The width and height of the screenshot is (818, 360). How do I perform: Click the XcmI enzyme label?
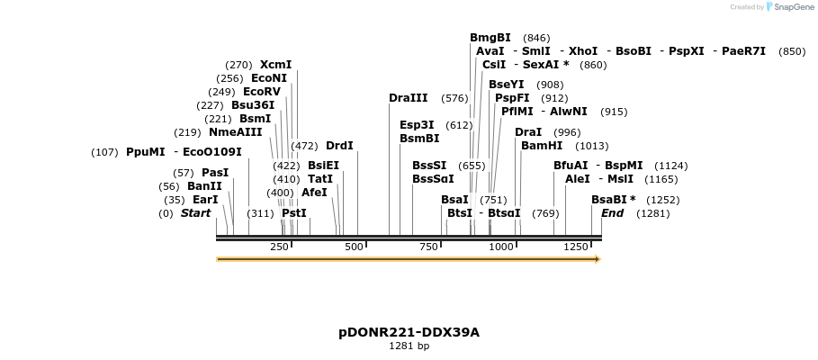pyautogui.click(x=275, y=65)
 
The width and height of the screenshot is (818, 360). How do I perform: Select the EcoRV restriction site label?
pyautogui.click(x=262, y=92)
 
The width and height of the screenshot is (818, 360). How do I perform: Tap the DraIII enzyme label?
pyautogui.click(x=408, y=98)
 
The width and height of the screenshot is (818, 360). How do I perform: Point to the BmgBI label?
pyautogui.click(x=490, y=38)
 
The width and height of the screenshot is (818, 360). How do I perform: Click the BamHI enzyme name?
pyautogui.click(x=541, y=146)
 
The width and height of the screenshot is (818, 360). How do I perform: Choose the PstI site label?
pyautogui.click(x=293, y=213)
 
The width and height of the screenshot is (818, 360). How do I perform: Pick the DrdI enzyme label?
pyautogui.click(x=339, y=146)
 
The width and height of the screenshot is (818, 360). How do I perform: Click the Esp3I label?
pyautogui.click(x=417, y=125)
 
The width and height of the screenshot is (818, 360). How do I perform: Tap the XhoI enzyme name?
pyautogui.click(x=583, y=51)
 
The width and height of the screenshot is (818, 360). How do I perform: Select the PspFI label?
pyautogui.click(x=512, y=98)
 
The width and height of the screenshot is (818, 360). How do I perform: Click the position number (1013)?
pyautogui.click(x=591, y=146)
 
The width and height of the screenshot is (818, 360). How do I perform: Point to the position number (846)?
pyautogui.click(x=535, y=38)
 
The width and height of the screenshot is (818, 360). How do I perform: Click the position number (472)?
pyautogui.click(x=304, y=146)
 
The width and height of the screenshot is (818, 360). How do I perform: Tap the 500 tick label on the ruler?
pyautogui.click(x=353, y=247)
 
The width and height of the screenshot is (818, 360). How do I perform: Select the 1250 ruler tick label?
pyautogui.click(x=575, y=247)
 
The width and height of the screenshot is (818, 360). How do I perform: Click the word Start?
pyautogui.click(x=195, y=213)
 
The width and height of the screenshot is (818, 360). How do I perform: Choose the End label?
pyautogui.click(x=612, y=213)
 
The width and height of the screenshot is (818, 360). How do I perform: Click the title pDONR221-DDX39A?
pyautogui.click(x=409, y=332)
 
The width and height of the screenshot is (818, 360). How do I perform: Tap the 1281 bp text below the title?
pyautogui.click(x=409, y=346)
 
